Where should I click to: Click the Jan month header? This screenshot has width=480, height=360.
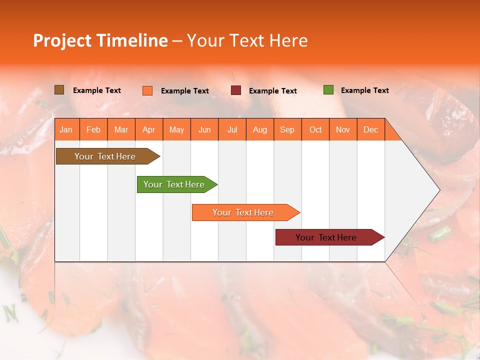click(66, 129)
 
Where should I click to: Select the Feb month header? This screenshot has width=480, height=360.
click(93, 129)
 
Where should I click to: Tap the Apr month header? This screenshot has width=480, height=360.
click(148, 129)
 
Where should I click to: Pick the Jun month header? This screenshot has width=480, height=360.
click(204, 129)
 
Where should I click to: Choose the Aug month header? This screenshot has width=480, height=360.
click(259, 129)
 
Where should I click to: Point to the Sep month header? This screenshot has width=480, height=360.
click(287, 129)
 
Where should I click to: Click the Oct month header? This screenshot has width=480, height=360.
click(315, 129)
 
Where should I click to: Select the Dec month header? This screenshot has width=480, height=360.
click(370, 129)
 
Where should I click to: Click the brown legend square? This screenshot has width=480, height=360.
click(59, 90)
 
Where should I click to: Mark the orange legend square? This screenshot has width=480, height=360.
click(147, 90)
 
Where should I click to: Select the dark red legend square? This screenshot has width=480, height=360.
click(236, 90)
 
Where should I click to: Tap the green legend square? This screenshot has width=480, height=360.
click(328, 90)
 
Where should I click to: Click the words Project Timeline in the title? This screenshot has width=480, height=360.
click(100, 40)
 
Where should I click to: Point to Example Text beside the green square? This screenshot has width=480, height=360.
click(364, 90)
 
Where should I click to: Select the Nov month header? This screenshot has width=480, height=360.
click(343, 129)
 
